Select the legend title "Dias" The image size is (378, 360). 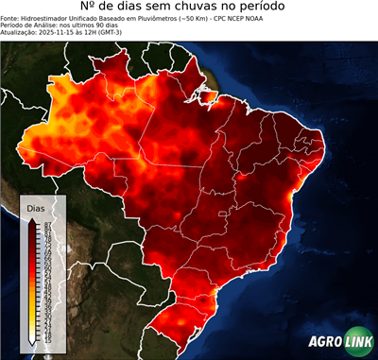pyautogui.click(x=35, y=207)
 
